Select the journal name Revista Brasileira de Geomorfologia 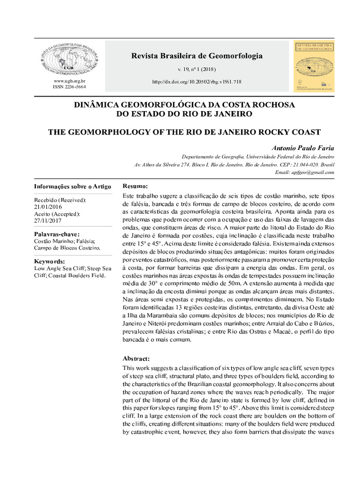point(197,56)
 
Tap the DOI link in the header point(197,82)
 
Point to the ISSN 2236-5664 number point(69,87)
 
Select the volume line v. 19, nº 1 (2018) point(197,69)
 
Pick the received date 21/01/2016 point(47,207)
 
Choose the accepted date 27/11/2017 point(47,220)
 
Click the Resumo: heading point(135,186)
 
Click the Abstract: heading point(136,358)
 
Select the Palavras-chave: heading point(57,234)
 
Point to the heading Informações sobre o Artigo point(73,187)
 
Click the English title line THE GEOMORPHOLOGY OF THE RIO point(184,132)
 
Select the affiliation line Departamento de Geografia point(258,157)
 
